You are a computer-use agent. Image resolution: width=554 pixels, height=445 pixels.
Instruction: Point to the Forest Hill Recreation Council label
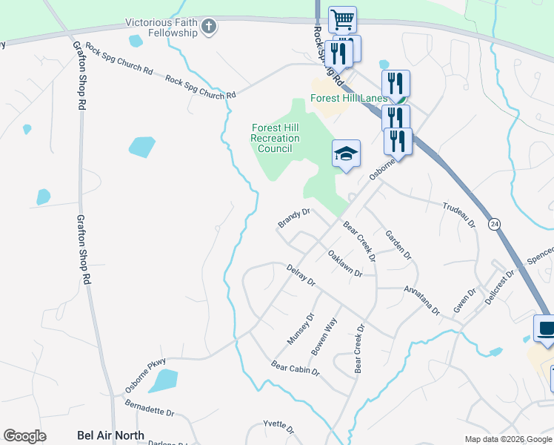pos(276,138)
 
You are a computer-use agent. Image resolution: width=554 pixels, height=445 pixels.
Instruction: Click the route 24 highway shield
pos(493,222)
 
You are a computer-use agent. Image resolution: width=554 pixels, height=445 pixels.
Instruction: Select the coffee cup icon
pos(547,329)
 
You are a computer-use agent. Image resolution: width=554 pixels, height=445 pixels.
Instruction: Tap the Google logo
pos(24,435)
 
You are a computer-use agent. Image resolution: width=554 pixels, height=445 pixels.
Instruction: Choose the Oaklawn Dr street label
pos(344,263)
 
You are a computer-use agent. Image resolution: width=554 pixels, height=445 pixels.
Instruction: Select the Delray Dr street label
pos(301,275)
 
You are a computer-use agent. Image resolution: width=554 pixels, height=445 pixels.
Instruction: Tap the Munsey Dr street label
pos(301,329)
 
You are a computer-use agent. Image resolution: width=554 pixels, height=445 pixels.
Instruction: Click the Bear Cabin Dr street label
pos(295,368)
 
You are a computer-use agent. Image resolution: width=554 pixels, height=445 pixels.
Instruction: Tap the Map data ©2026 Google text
pos(507,439)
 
